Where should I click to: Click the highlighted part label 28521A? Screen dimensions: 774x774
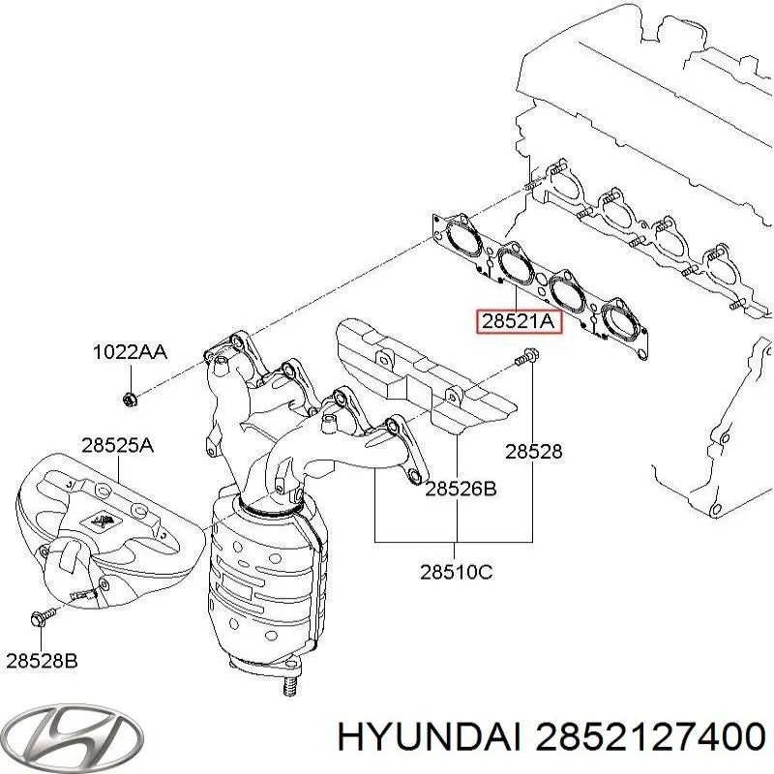point(514,321)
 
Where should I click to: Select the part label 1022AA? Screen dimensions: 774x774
point(130,352)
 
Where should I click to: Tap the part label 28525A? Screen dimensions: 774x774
point(117,446)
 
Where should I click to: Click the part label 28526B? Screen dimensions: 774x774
point(460,490)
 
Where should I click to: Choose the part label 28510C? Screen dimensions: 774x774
point(456,572)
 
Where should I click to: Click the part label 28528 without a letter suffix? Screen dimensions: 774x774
point(533,451)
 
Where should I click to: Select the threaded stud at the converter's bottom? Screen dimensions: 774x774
point(287,686)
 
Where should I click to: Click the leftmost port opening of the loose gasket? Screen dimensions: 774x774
point(461,236)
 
